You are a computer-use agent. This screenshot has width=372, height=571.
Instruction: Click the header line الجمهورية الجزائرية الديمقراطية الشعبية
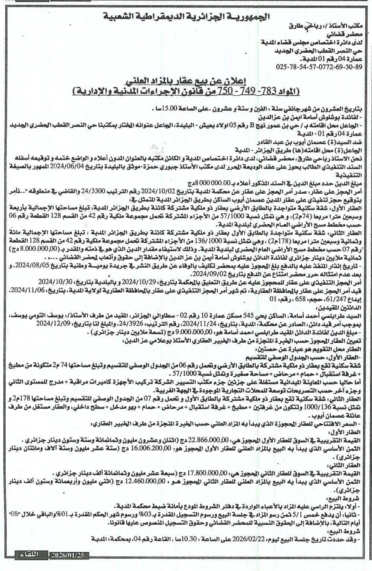186,16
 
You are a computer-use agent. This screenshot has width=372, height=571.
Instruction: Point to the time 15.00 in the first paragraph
163,109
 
